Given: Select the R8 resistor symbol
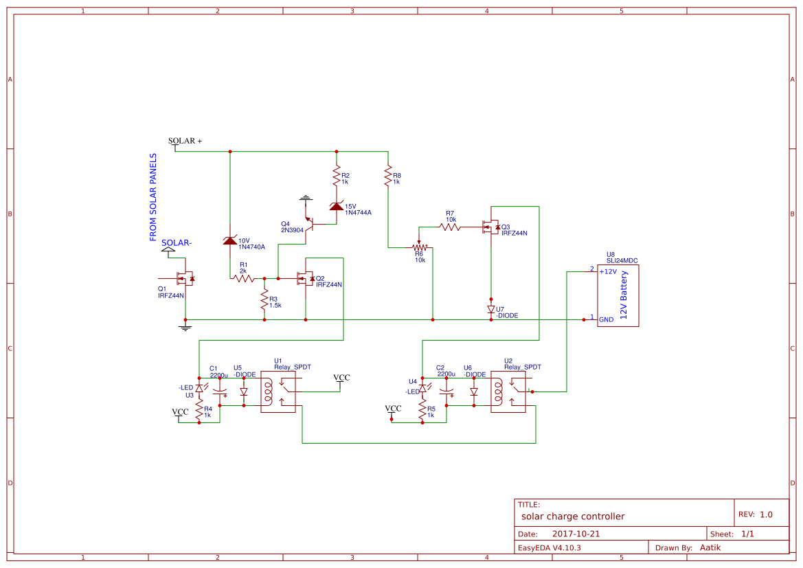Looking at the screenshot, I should pyautogui.click(x=388, y=176).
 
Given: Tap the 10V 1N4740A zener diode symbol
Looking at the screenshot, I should pyautogui.click(x=230, y=240).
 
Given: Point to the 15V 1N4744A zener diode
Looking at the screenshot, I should pyautogui.click(x=336, y=207).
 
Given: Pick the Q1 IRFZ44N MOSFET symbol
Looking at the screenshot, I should pyautogui.click(x=184, y=278).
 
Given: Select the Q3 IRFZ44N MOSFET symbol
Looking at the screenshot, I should pyautogui.click(x=490, y=227).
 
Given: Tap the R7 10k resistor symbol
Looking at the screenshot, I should pyautogui.click(x=450, y=226).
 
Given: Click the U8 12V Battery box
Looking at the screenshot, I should pyautogui.click(x=618, y=295).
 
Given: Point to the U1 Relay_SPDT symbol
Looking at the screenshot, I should pyautogui.click(x=278, y=391).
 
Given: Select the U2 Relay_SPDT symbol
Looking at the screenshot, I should pyautogui.click(x=508, y=391).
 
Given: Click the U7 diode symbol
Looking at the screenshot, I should pyautogui.click(x=490, y=310).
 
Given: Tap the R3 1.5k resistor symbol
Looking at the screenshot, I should pyautogui.click(x=264, y=299).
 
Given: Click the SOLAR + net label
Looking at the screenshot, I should pyautogui.click(x=185, y=141).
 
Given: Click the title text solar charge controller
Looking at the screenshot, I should pyautogui.click(x=572, y=516).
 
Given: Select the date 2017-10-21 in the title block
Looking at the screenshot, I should pyautogui.click(x=576, y=534).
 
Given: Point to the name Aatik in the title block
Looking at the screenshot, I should pyautogui.click(x=710, y=547).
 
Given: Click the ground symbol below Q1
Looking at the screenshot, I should pyautogui.click(x=184, y=328).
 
